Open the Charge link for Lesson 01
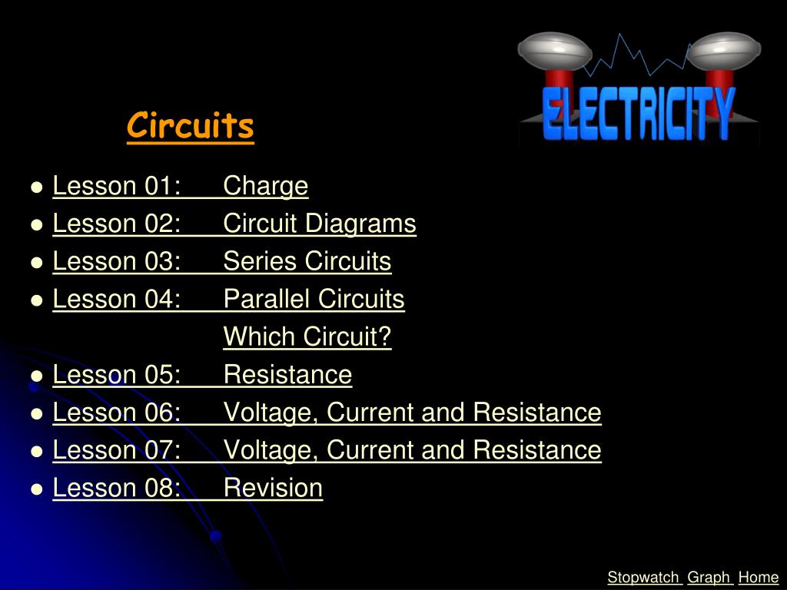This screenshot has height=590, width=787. [x=265, y=186]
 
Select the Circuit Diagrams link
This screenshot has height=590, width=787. [x=320, y=224]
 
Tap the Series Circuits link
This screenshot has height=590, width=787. [x=307, y=261]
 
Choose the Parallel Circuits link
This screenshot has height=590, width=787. [x=314, y=299]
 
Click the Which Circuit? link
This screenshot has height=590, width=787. [x=307, y=336]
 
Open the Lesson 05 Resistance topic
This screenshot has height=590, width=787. [x=287, y=374]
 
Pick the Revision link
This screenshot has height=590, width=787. [x=273, y=488]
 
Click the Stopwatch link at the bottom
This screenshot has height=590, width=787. [x=643, y=578]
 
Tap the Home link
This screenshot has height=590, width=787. [x=759, y=578]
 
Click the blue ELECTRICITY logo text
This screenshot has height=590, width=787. [x=639, y=114]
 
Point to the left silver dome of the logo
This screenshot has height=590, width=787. [x=555, y=51]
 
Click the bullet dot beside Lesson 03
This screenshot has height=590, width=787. [x=37, y=263]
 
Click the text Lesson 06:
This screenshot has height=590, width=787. [x=117, y=413]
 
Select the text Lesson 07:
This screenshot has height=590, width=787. [x=117, y=450]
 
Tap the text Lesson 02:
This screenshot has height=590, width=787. [x=117, y=224]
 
